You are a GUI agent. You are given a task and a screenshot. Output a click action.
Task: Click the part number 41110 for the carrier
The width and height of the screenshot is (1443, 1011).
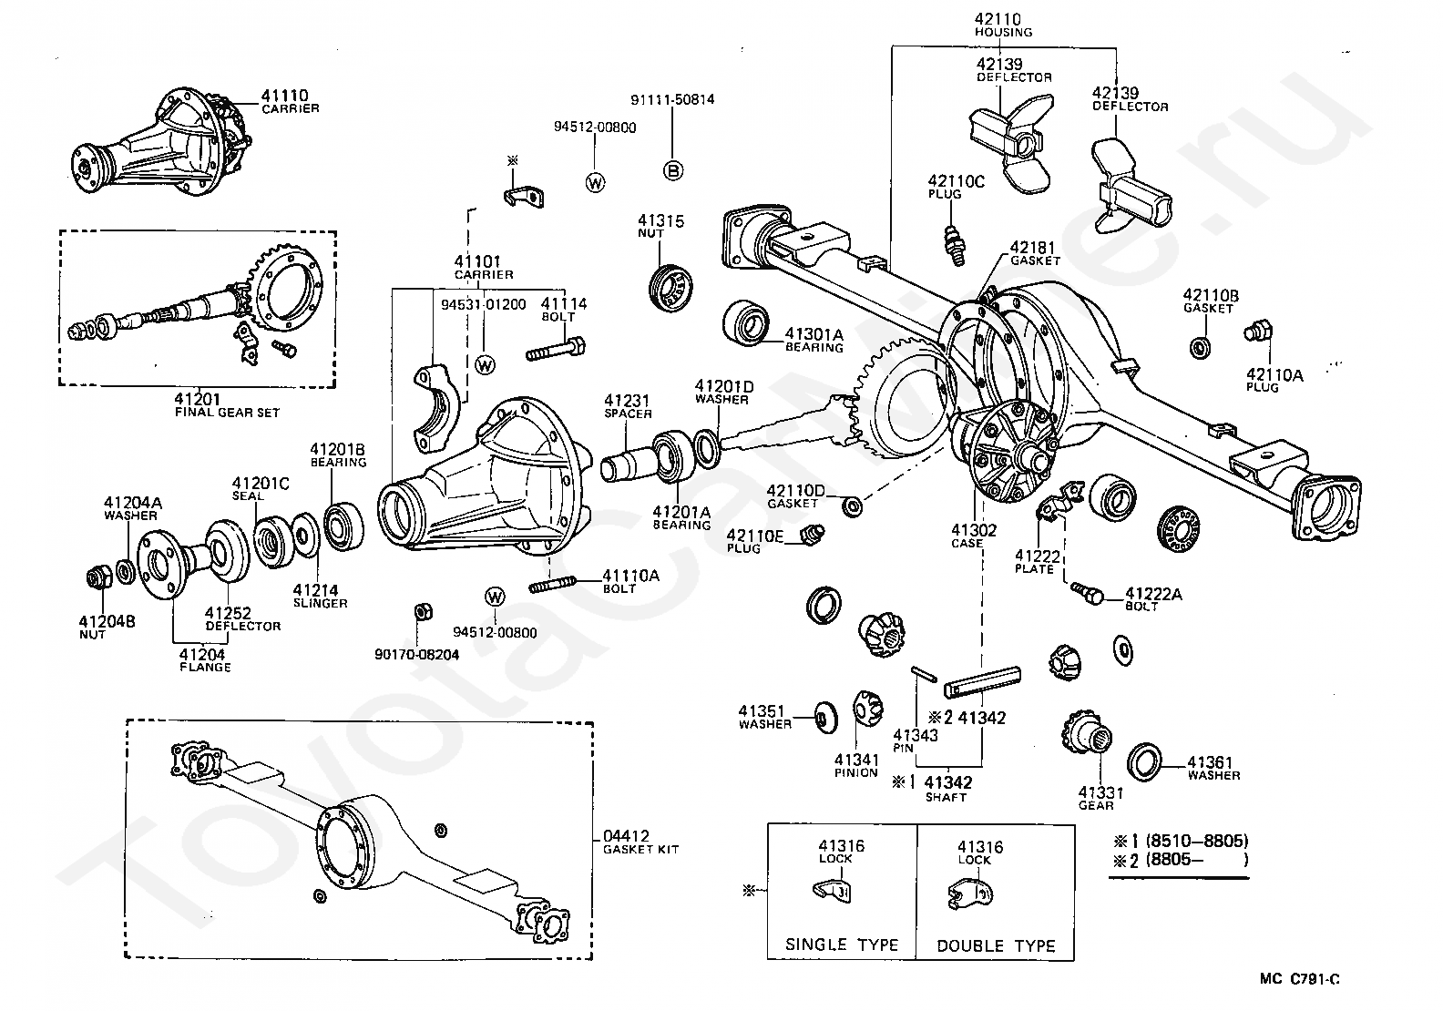tap(284, 95)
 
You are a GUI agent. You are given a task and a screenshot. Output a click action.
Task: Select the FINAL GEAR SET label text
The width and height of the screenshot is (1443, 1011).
tap(227, 412)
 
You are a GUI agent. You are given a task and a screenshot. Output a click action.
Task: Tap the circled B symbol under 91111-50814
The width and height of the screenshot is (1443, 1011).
tap(672, 169)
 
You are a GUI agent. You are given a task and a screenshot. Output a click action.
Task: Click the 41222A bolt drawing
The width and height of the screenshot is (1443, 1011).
tap(1087, 592)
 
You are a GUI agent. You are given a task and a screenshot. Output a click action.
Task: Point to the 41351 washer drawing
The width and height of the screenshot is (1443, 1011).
tap(824, 717)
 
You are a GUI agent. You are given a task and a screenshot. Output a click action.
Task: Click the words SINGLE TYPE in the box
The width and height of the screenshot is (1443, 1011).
tap(842, 945)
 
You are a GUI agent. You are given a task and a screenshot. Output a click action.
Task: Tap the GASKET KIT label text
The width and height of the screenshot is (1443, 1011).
tap(640, 849)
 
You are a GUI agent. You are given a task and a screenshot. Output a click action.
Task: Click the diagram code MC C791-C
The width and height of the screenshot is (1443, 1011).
tap(1300, 979)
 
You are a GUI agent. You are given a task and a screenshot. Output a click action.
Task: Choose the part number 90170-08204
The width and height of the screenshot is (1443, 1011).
tap(417, 654)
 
